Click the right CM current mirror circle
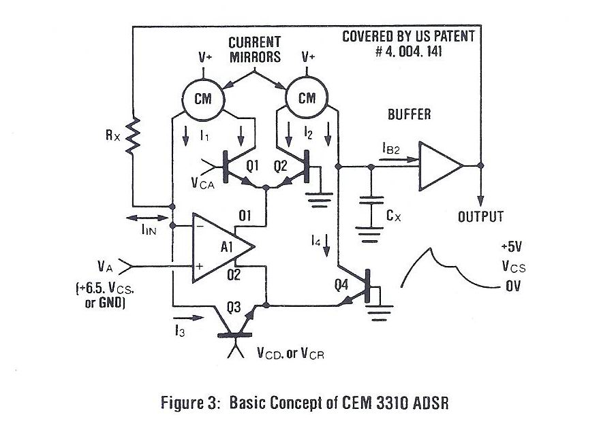coord(307,98)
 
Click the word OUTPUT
coord(480,217)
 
